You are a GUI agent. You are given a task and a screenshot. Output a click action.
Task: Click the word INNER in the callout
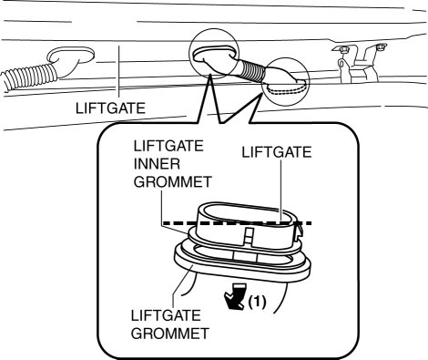click(x=157, y=164)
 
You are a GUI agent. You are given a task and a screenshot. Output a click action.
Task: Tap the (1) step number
click(x=257, y=302)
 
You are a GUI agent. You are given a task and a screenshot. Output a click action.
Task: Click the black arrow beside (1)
click(x=235, y=296)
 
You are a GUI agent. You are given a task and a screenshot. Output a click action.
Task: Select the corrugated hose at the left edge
click(x=29, y=77)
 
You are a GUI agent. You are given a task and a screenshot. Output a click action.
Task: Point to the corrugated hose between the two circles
click(x=251, y=71)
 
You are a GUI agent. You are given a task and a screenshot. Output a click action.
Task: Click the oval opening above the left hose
click(x=70, y=56)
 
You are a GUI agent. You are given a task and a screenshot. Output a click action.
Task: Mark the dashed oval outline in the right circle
click(x=285, y=87)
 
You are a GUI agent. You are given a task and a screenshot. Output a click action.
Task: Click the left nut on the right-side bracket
click(x=344, y=49)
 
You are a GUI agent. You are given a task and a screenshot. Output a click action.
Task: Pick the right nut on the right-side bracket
click(x=381, y=47)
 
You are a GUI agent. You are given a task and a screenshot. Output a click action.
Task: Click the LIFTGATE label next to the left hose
click(x=110, y=108)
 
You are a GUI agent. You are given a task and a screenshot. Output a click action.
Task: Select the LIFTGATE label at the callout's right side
click(x=277, y=152)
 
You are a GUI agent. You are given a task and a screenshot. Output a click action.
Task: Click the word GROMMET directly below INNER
click(x=172, y=182)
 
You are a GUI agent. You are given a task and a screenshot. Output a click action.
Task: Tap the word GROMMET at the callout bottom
click(x=170, y=334)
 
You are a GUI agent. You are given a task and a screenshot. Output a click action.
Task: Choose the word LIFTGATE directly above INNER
click(x=168, y=146)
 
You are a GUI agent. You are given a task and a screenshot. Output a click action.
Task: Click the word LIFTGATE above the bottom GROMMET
click(x=166, y=315)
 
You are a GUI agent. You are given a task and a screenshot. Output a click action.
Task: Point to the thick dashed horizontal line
click(x=238, y=223)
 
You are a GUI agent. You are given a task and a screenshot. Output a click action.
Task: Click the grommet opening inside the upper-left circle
click(x=214, y=52)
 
